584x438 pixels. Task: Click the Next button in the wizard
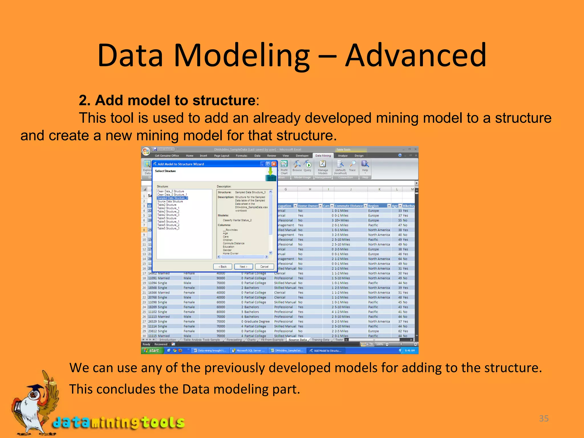click(x=243, y=267)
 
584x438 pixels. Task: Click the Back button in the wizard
click(x=222, y=267)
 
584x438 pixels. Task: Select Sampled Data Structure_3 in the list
click(x=172, y=198)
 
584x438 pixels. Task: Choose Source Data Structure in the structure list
click(x=170, y=201)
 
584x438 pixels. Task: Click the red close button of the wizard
click(x=274, y=164)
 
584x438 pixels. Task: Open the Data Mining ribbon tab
click(x=323, y=156)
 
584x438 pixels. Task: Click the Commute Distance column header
click(x=348, y=206)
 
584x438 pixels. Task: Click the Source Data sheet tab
click(x=297, y=340)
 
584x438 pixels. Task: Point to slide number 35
click(x=544, y=418)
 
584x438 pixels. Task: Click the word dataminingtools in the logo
click(x=119, y=422)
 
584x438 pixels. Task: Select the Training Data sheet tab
click(x=320, y=340)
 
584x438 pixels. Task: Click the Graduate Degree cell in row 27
click(x=257, y=321)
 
